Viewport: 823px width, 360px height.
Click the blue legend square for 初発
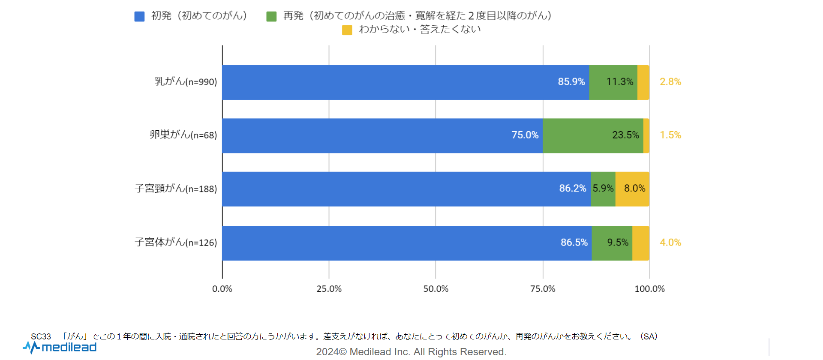pos(139,16)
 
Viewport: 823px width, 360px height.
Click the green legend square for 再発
pos(271,16)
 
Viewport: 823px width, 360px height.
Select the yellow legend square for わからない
pos(347,30)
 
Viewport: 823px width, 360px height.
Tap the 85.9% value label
pos(571,82)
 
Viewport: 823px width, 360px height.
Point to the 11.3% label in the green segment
pos(619,82)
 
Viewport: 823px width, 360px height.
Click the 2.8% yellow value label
pos(670,82)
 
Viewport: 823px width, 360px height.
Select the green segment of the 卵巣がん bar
pos(593,135)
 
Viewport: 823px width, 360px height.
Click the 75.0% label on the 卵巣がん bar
pos(525,135)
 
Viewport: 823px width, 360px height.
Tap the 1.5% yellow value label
pos(670,135)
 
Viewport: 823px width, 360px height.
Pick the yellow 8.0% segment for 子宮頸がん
pos(632,189)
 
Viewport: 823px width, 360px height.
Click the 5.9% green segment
pos(603,189)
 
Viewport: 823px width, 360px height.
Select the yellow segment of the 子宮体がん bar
pos(640,243)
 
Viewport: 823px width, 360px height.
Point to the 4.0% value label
pos(670,243)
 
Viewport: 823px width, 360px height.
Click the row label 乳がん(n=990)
pos(186,81)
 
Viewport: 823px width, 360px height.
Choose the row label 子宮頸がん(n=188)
pos(176,189)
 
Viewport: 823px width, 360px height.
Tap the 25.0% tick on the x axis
pos(329,289)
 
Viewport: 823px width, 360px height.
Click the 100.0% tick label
pos(649,289)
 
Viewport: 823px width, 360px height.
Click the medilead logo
pos(60,347)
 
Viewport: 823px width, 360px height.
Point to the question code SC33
pos(41,336)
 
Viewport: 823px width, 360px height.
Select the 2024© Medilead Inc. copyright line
pos(411,352)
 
